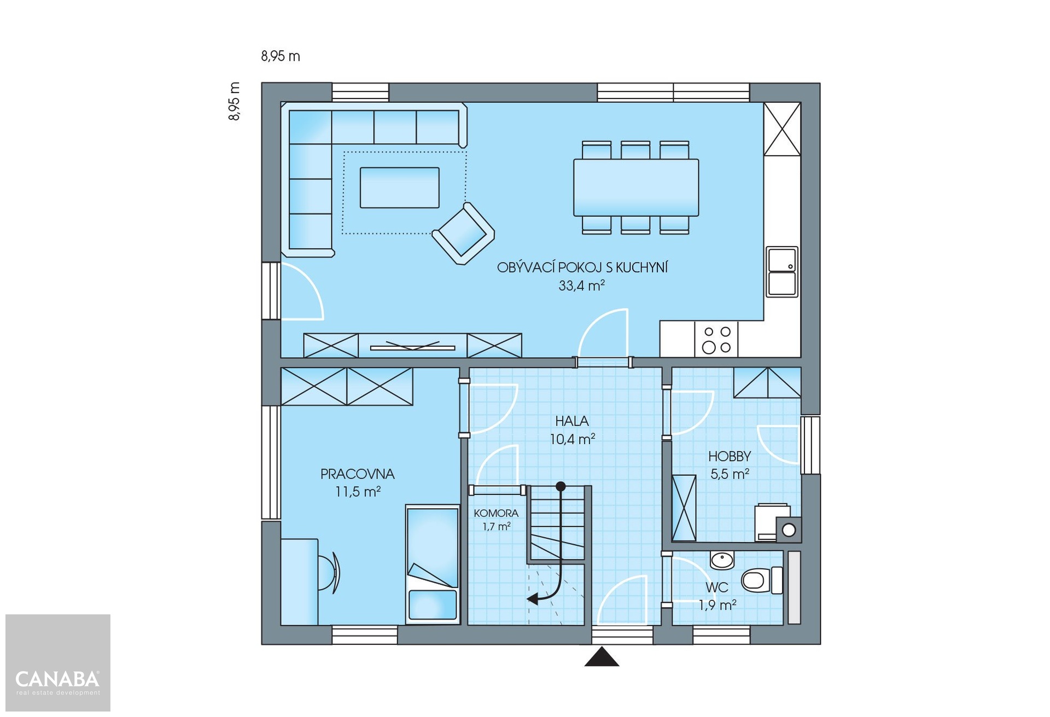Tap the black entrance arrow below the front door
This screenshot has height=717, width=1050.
(602, 657)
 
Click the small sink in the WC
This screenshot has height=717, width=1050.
(722, 560)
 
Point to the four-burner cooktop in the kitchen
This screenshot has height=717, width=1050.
(716, 340)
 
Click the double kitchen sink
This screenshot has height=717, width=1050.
(782, 272)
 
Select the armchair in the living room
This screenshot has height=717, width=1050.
(463, 234)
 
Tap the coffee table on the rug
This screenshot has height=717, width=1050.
(400, 188)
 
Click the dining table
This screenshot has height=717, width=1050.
(636, 188)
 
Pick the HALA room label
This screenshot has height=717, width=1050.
(572, 421)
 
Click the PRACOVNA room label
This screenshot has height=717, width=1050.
(358, 474)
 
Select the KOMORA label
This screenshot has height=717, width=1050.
(496, 513)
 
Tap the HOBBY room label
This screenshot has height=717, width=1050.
(730, 456)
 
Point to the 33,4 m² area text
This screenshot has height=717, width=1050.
(581, 285)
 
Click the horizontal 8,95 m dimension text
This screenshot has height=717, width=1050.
(281, 56)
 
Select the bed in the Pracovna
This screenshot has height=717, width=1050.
(433, 564)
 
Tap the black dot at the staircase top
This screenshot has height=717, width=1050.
(561, 486)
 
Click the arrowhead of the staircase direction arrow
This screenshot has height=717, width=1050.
(532, 599)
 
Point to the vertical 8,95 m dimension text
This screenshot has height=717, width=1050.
(234, 101)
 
